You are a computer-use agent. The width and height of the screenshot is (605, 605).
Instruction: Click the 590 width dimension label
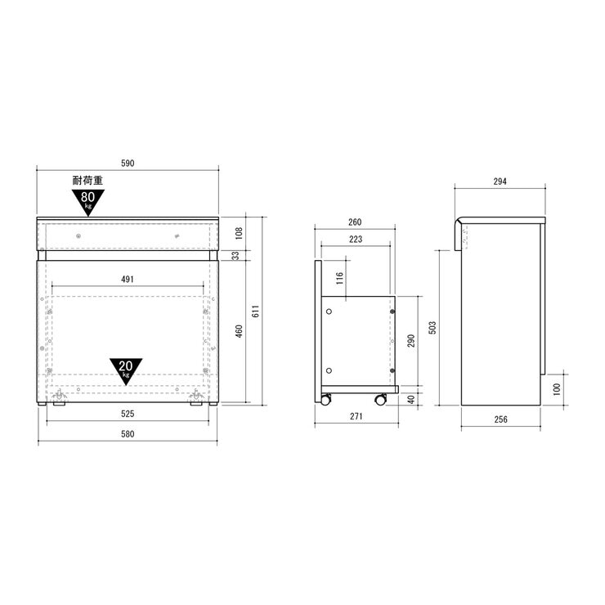pos(128,164)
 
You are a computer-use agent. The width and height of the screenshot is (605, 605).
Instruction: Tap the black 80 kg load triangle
pos(88,199)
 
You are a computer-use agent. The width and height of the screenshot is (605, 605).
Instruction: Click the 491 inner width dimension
pos(128,280)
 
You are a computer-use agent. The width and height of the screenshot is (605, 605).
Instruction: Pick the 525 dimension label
pos(128,414)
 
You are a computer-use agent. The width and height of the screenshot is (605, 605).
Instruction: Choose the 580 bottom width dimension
pos(128,434)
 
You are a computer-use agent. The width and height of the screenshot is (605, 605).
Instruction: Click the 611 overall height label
pos(255,311)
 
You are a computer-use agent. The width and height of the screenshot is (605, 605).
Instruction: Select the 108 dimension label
pos(239,233)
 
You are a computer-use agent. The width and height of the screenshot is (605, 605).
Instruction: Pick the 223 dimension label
pos(356,240)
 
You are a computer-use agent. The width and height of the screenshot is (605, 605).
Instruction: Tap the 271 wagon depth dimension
pos(354,417)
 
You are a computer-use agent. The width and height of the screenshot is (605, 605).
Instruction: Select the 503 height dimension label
pos(432,327)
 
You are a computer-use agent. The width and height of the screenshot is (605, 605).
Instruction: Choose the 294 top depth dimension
pos(500,181)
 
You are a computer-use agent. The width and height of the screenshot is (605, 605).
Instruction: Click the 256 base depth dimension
pos(501,419)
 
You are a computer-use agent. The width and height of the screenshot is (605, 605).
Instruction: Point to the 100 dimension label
pos(557,388)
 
